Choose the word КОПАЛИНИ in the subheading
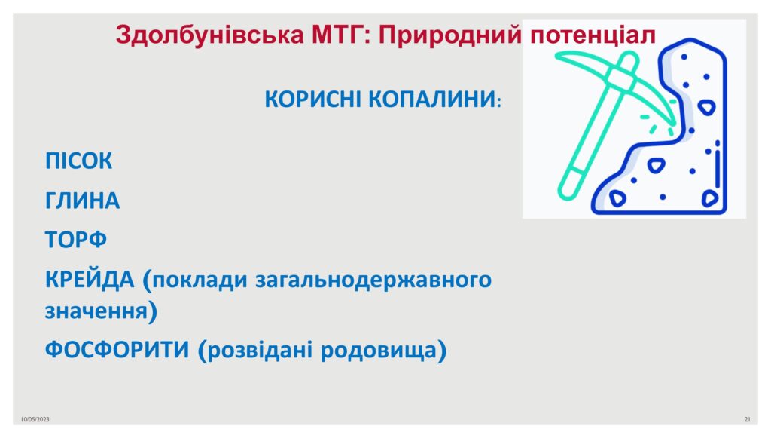pyautogui.click(x=431, y=99)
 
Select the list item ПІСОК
pyautogui.click(x=78, y=161)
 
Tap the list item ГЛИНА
pyautogui.click(x=82, y=201)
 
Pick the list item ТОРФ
pyautogui.click(x=76, y=240)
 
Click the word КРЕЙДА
pyautogui.click(x=90, y=280)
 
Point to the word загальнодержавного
pyautogui.click(x=373, y=280)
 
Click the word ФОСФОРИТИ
pyautogui.click(x=117, y=350)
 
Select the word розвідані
pyautogui.click(x=260, y=351)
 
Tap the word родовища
pyautogui.click(x=379, y=351)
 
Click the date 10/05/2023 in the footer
pyautogui.click(x=35, y=419)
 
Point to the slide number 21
pyautogui.click(x=748, y=419)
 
